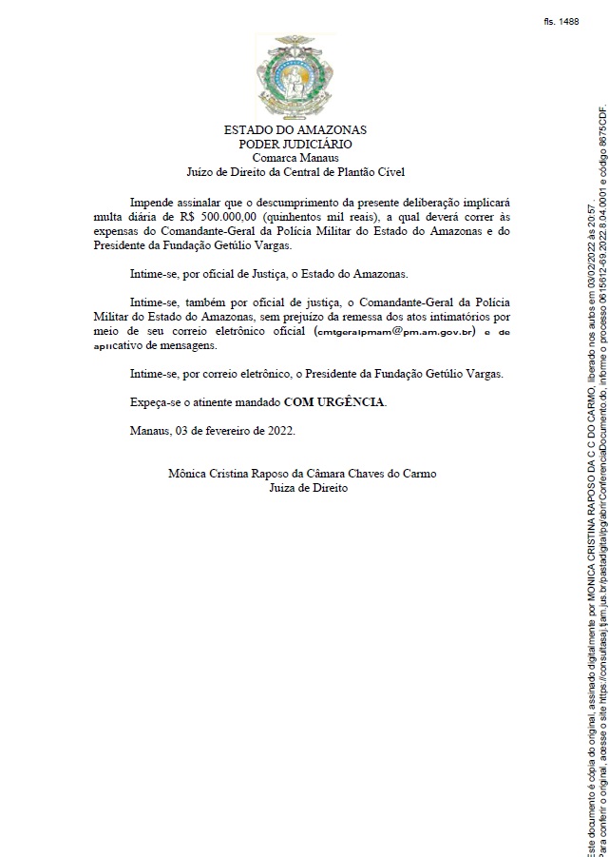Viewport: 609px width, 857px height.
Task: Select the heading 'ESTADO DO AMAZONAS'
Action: click(x=295, y=129)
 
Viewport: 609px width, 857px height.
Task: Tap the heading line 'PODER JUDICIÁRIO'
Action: click(x=295, y=144)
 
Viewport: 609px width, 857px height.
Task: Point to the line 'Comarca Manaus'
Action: click(x=295, y=158)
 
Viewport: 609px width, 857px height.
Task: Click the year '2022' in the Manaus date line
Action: click(x=279, y=431)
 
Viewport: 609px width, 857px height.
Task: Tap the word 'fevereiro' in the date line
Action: click(x=227, y=431)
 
